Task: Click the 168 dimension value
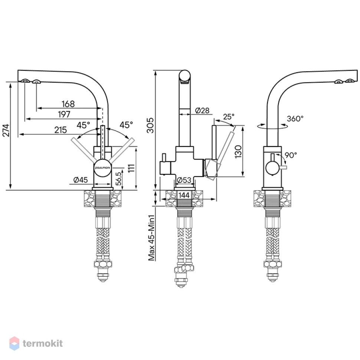click(68, 104)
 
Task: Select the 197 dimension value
click(64, 114)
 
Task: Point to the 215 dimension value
click(60, 130)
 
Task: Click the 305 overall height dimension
click(150, 125)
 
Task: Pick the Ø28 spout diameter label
click(202, 111)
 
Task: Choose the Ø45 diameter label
click(81, 180)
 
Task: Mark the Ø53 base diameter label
click(184, 180)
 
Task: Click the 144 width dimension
click(184, 195)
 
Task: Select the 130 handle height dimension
click(239, 151)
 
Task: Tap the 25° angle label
click(229, 117)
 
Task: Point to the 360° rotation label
click(295, 118)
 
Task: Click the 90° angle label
click(291, 155)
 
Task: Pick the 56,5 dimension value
click(118, 179)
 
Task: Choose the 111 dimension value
click(131, 168)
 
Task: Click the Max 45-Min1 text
click(151, 238)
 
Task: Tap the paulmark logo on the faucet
click(103, 168)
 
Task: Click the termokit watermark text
click(43, 343)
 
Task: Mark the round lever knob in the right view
click(272, 168)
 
